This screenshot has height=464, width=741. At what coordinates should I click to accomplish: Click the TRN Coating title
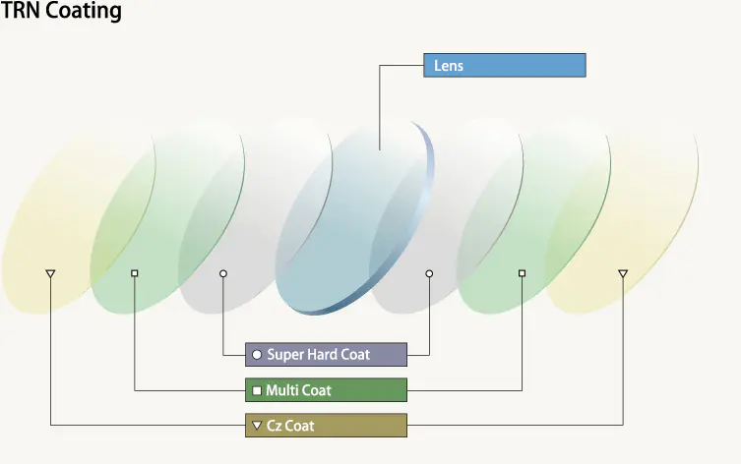pyautogui.click(x=61, y=12)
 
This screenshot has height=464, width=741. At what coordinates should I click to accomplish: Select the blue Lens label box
pyautogui.click(x=504, y=66)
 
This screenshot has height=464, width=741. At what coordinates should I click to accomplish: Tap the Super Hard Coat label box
pyautogui.click(x=326, y=354)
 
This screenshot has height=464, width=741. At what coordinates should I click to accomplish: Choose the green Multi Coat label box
pyautogui.click(x=326, y=390)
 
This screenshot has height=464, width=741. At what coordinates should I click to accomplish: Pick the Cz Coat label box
pyautogui.click(x=326, y=426)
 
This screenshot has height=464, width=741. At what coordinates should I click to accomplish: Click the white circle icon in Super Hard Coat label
pyautogui.click(x=257, y=354)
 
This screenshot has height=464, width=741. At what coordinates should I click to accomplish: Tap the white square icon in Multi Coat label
pyautogui.click(x=257, y=390)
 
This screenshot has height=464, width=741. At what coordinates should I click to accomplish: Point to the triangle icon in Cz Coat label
pyautogui.click(x=257, y=426)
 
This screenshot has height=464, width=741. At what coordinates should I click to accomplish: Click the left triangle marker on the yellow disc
pyautogui.click(x=50, y=273)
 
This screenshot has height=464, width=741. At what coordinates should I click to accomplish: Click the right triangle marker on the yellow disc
pyautogui.click(x=622, y=273)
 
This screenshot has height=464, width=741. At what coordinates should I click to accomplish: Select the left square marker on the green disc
pyautogui.click(x=135, y=272)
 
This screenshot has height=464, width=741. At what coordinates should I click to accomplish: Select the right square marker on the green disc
pyautogui.click(x=522, y=272)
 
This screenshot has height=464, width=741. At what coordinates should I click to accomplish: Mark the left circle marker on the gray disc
pyautogui.click(x=223, y=272)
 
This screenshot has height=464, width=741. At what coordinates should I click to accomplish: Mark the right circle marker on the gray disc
pyautogui.click(x=429, y=272)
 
